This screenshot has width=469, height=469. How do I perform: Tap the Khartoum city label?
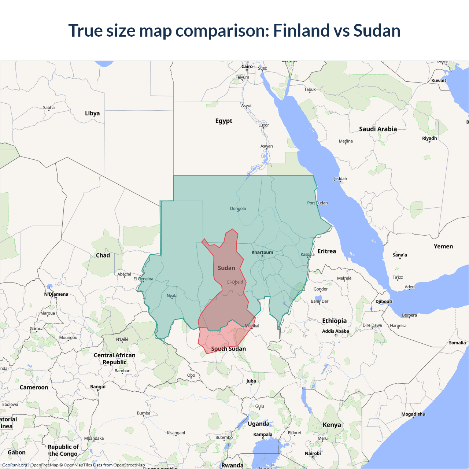pyautogui.click(x=262, y=252)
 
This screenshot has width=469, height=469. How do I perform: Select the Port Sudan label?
pyautogui.click(x=317, y=203)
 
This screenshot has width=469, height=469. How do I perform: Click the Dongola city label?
pyautogui.click(x=238, y=208)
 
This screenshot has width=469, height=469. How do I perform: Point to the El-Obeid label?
pyautogui.click(x=235, y=282)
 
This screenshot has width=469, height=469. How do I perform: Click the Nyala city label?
pyautogui.click(x=172, y=296)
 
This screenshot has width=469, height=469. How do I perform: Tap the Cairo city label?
pyautogui.click(x=247, y=67)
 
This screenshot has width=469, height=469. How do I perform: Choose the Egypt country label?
pyautogui.click(x=224, y=121)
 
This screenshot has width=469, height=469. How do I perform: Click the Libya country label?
pyautogui.click(x=92, y=113)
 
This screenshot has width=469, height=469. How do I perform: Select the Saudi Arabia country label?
pyautogui.click(x=378, y=129)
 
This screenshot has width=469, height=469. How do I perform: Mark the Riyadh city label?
pyautogui.click(x=429, y=139)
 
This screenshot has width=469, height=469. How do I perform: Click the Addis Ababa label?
pyautogui.click(x=335, y=331)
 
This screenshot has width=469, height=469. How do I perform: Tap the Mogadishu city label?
pyautogui.click(x=413, y=414)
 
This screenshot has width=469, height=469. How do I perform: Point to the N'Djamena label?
pyautogui.click(x=56, y=294)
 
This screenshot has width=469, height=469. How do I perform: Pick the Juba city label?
pyautogui.click(x=251, y=381)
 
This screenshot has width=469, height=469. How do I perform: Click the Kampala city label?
pyautogui.click(x=263, y=435)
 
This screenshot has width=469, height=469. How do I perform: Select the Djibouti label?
pyautogui.click(x=384, y=302)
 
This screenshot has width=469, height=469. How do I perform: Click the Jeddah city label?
pyautogui.click(x=340, y=179)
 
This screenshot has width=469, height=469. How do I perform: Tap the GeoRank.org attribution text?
pyautogui.click(x=14, y=465)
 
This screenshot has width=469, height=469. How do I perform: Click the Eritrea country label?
pyautogui.click(x=326, y=251)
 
